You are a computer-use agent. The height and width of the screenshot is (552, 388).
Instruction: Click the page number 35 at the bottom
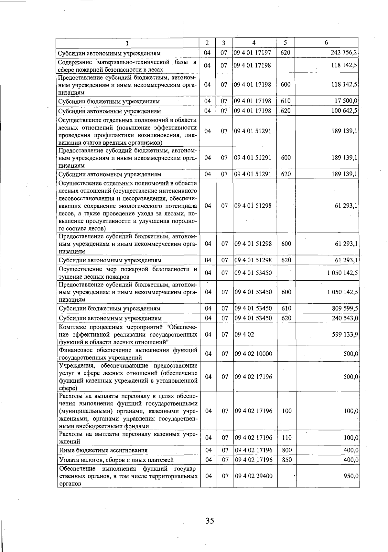(x=210, y=521)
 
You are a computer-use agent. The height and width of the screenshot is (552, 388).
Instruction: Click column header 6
(x=326, y=43)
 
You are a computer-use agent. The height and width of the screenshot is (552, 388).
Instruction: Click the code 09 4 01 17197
(x=253, y=52)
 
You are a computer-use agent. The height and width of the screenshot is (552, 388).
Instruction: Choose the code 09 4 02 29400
(x=253, y=476)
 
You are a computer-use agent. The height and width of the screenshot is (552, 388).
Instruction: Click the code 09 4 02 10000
(x=253, y=354)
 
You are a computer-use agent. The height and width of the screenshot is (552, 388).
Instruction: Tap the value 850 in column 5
(x=287, y=460)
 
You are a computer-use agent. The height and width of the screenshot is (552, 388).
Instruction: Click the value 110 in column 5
(x=287, y=438)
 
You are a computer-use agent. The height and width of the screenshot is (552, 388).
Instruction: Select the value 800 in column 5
(x=287, y=450)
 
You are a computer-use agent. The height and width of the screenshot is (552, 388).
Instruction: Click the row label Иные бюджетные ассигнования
(x=103, y=450)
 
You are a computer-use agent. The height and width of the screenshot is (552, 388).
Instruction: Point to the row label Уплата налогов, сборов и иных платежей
(x=116, y=460)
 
